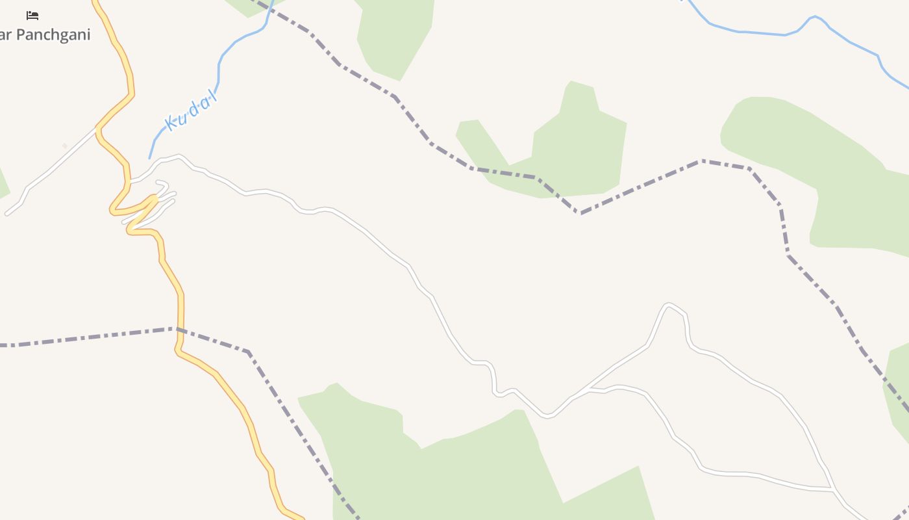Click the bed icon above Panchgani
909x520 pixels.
32,15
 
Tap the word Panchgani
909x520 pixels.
52,34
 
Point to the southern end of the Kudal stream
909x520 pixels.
150,157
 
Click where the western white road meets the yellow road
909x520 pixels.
98,128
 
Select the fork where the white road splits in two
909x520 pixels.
581,391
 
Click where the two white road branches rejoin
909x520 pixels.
832,487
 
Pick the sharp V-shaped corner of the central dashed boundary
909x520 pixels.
580,213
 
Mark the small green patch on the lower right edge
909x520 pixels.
899,390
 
